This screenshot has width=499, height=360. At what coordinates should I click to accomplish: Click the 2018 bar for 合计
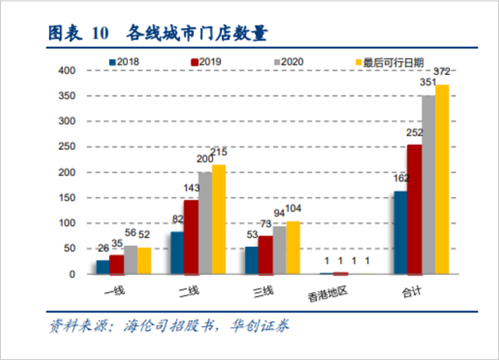tap(400, 233)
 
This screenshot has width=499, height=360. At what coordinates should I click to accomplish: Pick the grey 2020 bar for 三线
tap(279, 250)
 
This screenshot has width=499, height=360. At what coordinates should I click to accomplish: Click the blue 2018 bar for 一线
tap(103, 267)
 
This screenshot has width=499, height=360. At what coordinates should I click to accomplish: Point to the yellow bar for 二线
tap(219, 219)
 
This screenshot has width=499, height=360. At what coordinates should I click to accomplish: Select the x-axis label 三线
tap(264, 292)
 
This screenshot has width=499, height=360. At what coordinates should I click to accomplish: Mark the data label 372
tap(441, 72)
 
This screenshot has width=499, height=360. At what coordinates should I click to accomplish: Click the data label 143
tap(190, 189)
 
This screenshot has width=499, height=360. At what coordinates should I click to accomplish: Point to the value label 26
tap(103, 249)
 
